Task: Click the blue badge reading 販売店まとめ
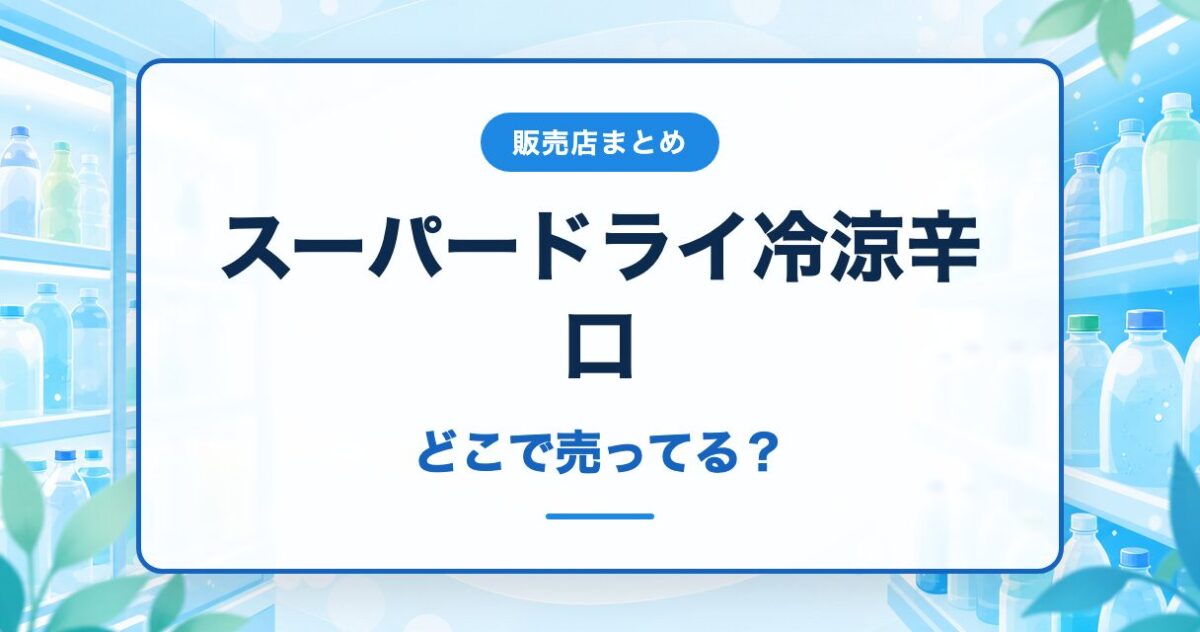point(599,142)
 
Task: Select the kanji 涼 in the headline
point(863,246)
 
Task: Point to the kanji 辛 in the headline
point(941,246)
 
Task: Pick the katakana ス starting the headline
point(257,247)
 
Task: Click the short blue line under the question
point(600,516)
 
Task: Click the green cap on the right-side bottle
point(1083,323)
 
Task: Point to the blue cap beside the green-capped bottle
point(1145,320)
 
